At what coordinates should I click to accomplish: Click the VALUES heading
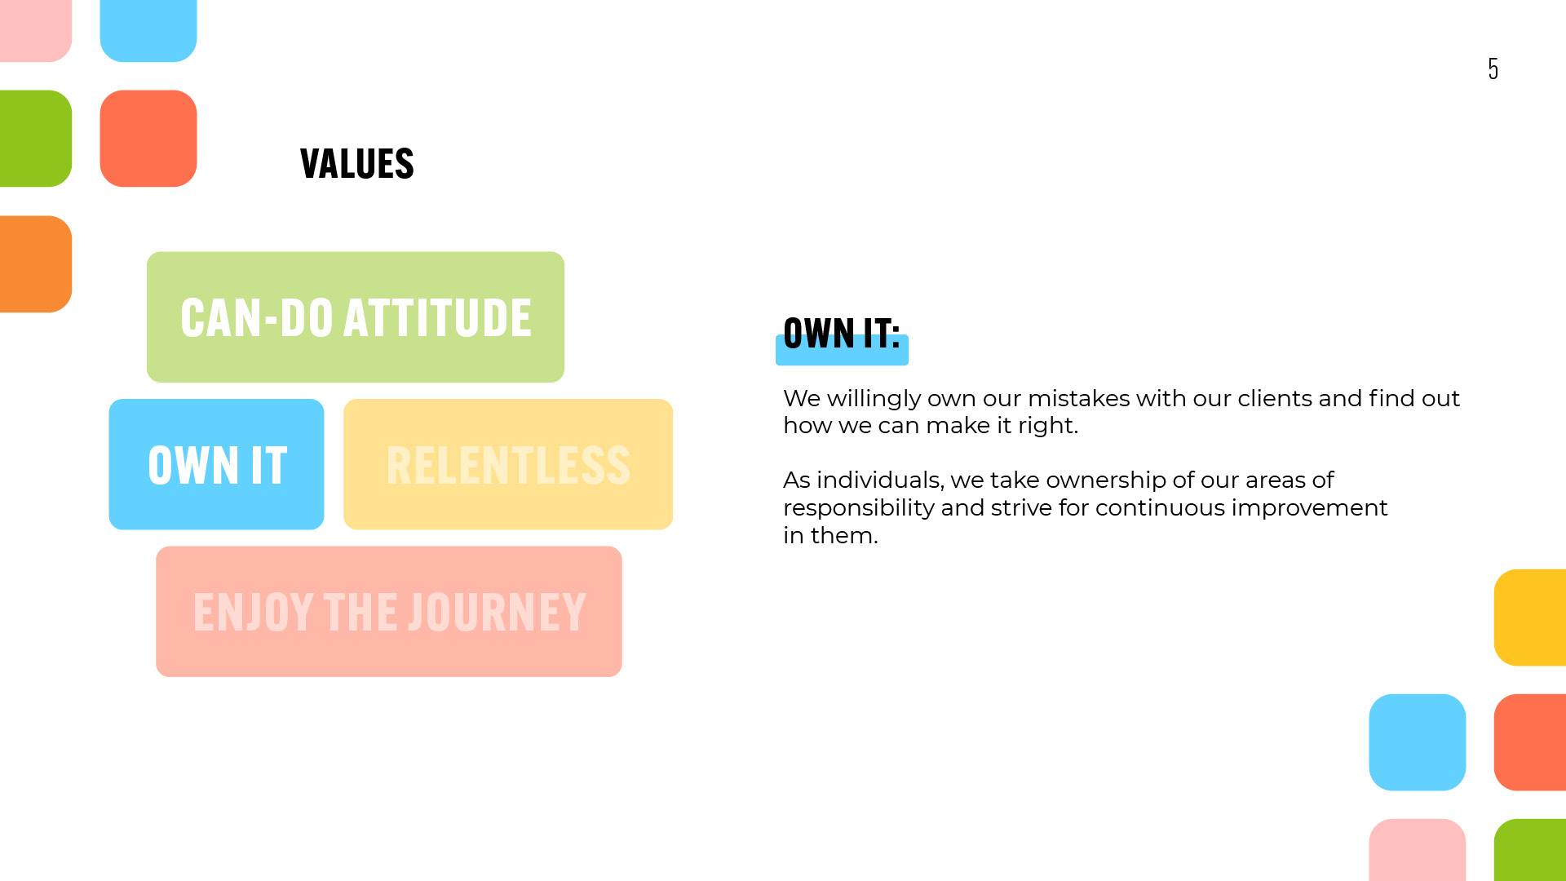tap(357, 164)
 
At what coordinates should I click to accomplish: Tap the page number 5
tap(1493, 69)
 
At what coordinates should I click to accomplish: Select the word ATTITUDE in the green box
tap(437, 317)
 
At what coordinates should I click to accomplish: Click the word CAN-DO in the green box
tap(256, 317)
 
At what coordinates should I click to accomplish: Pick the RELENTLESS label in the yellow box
tap(508, 465)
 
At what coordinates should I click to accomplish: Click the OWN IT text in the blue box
tap(217, 465)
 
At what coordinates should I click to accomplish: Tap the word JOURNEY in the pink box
tap(498, 612)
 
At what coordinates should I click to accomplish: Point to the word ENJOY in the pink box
tap(254, 612)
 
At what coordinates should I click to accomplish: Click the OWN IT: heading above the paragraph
tap(842, 333)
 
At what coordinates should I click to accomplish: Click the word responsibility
tap(859, 509)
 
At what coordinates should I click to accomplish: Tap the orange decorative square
tap(36, 263)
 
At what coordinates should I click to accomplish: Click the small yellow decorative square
tap(1530, 618)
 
